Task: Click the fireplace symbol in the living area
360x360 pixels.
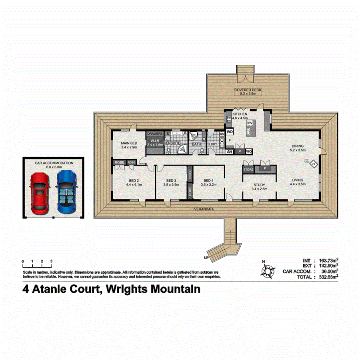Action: point(314,163)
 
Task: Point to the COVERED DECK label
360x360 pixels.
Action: point(248,90)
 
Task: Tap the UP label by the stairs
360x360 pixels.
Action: point(206,257)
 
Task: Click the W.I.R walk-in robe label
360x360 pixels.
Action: point(154,140)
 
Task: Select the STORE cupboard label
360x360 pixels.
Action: point(248,170)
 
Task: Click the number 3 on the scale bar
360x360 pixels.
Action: point(51,261)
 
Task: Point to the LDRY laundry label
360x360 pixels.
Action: point(213,144)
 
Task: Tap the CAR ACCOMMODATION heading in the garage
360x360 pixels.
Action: point(54,163)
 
